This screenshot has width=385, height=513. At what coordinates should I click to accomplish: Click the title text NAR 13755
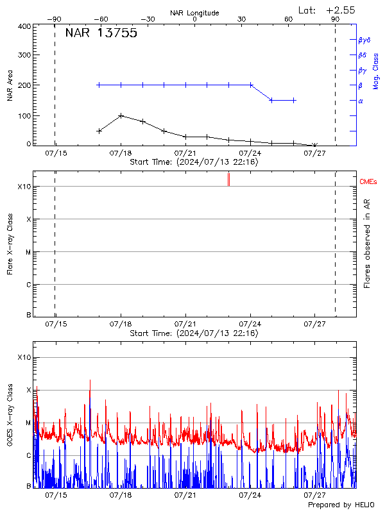coord(101,34)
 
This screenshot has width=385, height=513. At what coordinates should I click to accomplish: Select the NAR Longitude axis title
coord(194,13)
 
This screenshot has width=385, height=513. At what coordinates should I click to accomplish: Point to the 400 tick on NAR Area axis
coord(24,26)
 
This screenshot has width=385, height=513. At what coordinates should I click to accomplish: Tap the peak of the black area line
coord(121,115)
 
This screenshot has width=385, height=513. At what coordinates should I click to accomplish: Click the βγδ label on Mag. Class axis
coord(364,39)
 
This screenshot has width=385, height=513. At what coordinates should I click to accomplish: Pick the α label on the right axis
coord(361,101)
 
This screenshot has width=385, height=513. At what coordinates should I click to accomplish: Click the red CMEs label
coord(369,182)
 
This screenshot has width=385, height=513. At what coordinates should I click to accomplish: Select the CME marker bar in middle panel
coord(228,180)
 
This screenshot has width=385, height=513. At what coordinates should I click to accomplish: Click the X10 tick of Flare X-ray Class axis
coord(24,187)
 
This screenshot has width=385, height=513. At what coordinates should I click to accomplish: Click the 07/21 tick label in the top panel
coord(185,154)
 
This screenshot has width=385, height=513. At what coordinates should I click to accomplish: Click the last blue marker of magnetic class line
coord(294,100)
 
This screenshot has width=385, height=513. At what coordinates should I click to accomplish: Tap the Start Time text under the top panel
coord(194,163)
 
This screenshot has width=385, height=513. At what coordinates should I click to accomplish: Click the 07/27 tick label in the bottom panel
coord(314,495)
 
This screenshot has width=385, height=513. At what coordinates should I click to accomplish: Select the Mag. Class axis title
coord(375,71)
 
